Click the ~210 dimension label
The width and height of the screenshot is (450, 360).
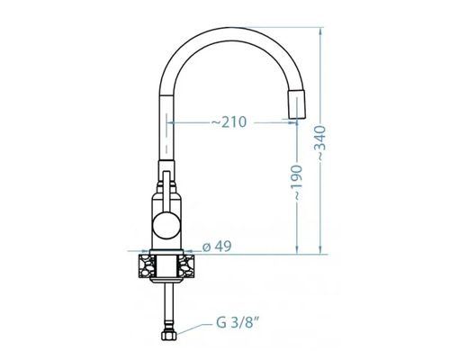[x=229, y=122]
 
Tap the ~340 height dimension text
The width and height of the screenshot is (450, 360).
[x=321, y=143]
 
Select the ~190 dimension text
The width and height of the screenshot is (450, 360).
[x=297, y=182]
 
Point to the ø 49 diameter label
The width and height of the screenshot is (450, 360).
[x=217, y=247]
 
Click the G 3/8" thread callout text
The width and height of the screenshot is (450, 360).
[x=238, y=323]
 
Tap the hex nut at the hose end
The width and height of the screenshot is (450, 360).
[x=168, y=335]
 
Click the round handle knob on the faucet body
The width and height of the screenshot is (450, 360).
[x=166, y=225]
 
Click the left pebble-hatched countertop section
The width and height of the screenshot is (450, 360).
[x=147, y=266]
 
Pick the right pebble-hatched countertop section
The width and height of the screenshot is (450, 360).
[x=186, y=266]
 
